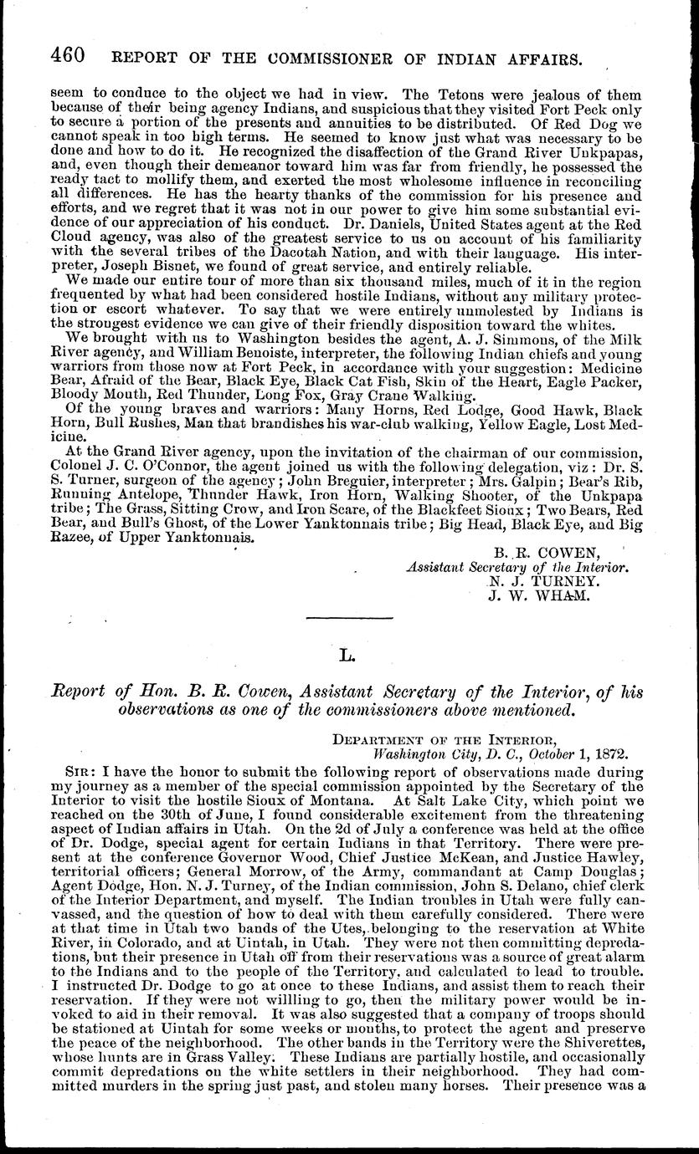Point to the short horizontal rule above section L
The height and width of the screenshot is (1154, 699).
(349, 617)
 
